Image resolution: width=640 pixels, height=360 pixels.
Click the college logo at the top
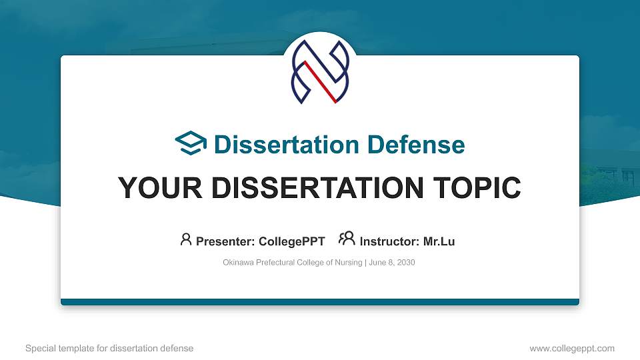(320, 72)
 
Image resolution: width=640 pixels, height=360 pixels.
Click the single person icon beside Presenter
(186, 239)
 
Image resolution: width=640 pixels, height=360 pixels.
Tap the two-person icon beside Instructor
(347, 239)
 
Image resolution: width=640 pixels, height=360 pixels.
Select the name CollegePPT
(292, 241)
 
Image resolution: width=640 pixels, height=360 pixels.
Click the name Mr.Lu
(439, 241)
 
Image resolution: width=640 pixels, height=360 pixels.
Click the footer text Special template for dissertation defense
(109, 348)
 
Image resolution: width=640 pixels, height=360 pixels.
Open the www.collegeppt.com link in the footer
(572, 348)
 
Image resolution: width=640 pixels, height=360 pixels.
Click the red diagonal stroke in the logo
(321, 82)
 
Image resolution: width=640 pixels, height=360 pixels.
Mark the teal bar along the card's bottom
(320, 302)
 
